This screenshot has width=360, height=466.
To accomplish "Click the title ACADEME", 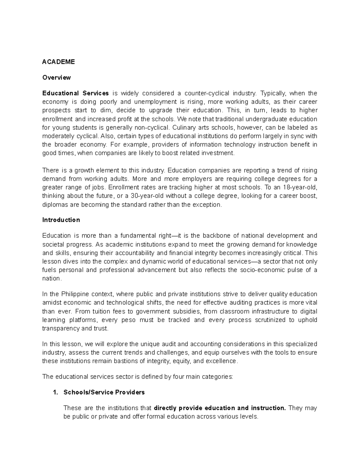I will (58, 62).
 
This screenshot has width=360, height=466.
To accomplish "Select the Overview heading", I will (56, 77).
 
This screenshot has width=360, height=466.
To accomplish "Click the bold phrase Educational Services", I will (75, 93).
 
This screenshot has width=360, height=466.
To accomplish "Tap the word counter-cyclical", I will (207, 93).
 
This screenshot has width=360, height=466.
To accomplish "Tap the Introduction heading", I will (61, 220).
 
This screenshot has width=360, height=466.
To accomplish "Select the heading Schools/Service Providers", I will (104, 392).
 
